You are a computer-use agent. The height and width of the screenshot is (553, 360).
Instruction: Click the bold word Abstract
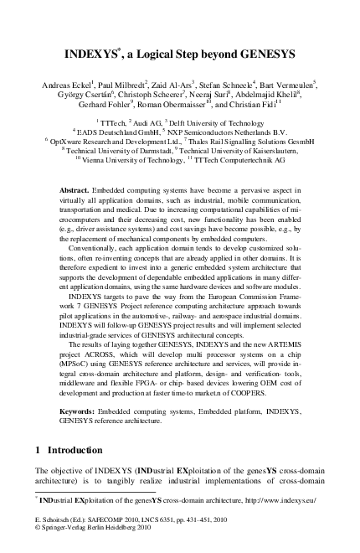coord(76,192)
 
